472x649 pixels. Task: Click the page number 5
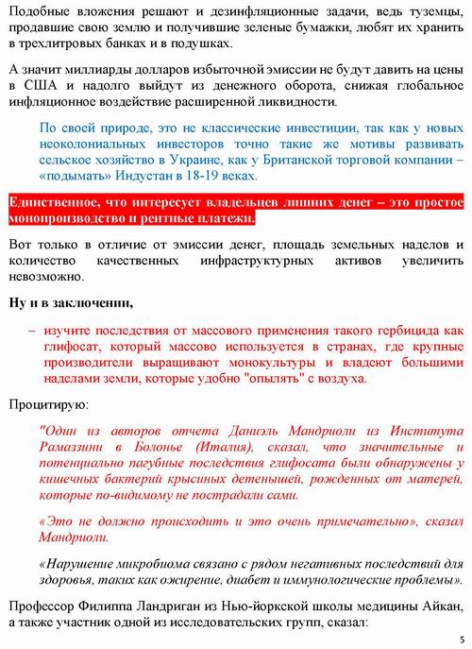[462, 639]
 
